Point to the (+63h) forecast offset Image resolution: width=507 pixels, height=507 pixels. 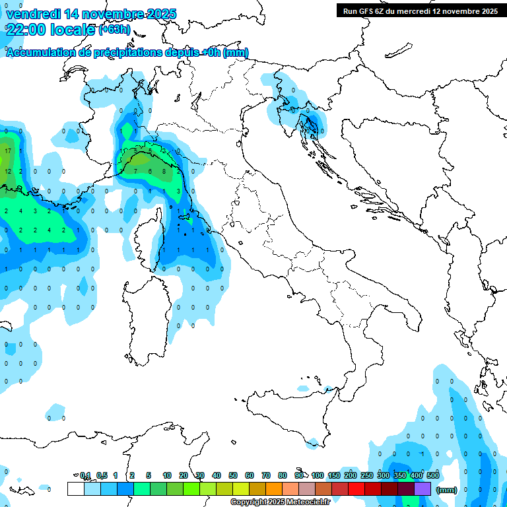tap(114, 30)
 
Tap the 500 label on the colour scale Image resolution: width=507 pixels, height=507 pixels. tap(433, 475)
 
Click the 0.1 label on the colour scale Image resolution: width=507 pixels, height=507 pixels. tap(85, 475)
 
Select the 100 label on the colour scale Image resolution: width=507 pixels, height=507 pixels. tap(318, 475)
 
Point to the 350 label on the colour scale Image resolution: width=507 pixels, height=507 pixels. tap(400, 475)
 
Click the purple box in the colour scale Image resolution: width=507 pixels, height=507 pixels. tap(422, 489)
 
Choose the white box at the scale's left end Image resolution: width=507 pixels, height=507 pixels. tap(75, 489)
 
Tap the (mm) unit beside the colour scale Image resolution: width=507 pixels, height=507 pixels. tap(447, 490)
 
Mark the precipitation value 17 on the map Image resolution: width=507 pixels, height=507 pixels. tap(7, 151)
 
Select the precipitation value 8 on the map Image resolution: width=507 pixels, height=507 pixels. tap(164, 172)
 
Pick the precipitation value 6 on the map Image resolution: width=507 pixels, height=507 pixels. tap(150, 172)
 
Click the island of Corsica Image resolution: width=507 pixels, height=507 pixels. tap(147, 238)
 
